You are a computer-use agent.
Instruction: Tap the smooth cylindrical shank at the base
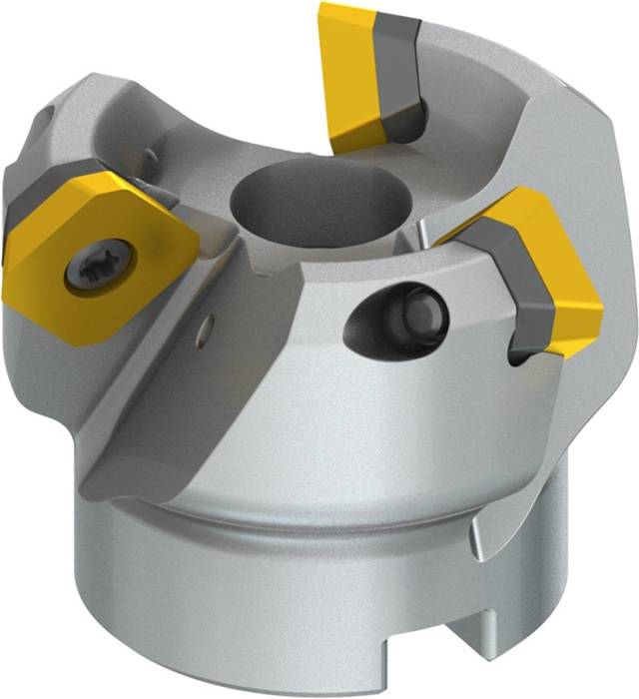click(x=250, y=609)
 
